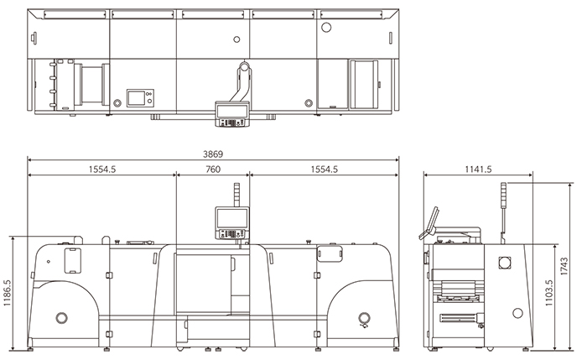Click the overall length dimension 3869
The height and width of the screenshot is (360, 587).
(213, 154)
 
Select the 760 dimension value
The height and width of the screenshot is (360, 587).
(213, 170)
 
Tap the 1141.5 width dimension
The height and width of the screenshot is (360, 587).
(478, 170)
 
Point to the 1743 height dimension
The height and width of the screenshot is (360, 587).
(564, 266)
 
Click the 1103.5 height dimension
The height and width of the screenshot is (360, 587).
(548, 293)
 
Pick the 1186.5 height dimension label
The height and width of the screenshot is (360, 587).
(7, 293)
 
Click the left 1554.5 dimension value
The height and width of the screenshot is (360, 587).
(102, 170)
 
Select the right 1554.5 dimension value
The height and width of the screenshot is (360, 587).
(325, 170)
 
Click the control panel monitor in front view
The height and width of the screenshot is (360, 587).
(232, 223)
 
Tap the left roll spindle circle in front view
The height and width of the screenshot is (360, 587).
(62, 318)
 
